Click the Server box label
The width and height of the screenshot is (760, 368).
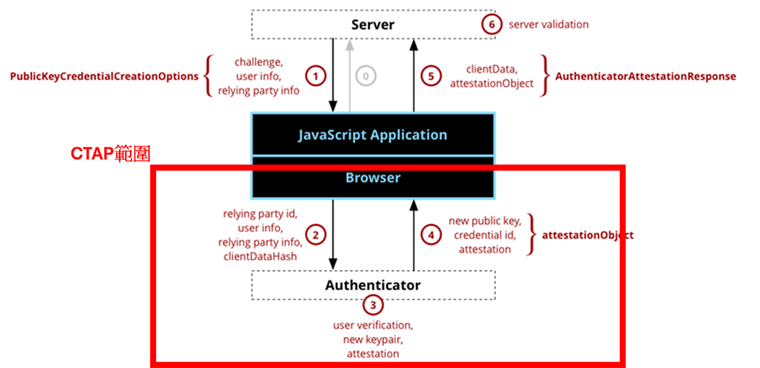pos(374,24)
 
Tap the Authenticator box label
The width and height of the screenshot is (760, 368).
pos(373,285)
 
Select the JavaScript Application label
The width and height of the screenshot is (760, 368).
pos(373,135)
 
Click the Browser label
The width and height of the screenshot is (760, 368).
pos(373,178)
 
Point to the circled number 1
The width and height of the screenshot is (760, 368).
pos(315,76)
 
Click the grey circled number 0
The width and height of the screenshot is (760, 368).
pos(366,76)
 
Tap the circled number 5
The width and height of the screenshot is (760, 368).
pos(431,76)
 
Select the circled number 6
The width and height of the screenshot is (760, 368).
pos(491,24)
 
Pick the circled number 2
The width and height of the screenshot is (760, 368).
pos(315,235)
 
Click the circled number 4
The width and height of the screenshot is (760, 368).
pos(431,235)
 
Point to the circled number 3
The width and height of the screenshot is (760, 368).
pos(373,306)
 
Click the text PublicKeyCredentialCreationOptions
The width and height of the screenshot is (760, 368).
pos(104,76)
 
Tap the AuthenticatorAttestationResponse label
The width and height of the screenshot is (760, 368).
pos(646,76)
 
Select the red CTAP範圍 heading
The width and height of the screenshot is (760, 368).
pos(111,154)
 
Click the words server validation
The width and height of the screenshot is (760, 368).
pos(549,24)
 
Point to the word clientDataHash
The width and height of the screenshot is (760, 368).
pos(260,257)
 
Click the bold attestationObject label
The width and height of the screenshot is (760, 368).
pos(588,235)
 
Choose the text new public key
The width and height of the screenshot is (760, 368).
pos(484,221)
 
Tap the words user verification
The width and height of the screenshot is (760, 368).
pos(373,325)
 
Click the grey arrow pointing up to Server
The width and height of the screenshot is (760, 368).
pos(348,76)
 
